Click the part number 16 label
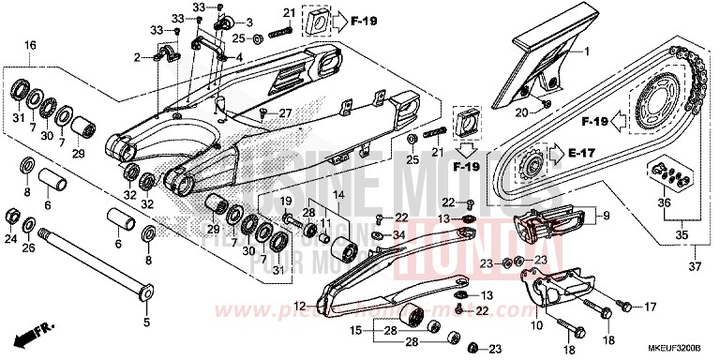[30, 45]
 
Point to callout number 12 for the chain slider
[298, 305]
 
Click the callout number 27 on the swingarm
[285, 112]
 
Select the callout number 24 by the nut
[10, 238]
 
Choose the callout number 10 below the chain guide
[537, 326]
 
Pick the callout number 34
[400, 235]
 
